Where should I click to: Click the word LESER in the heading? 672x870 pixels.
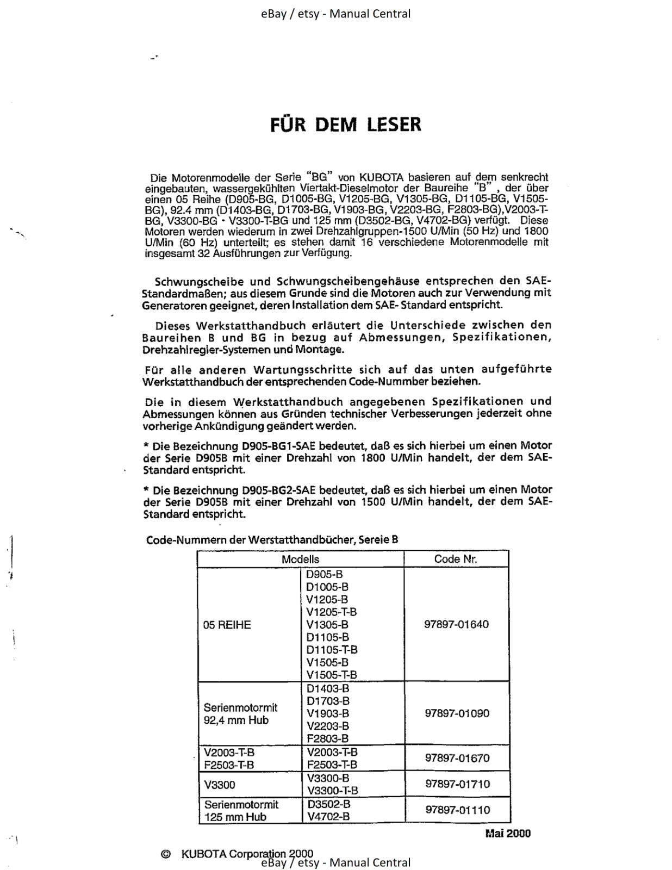pyautogui.click(x=394, y=125)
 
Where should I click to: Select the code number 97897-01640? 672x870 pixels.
pyautogui.click(x=456, y=624)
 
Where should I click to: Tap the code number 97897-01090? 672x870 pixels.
pyautogui.click(x=457, y=713)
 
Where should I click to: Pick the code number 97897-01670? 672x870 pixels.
pyautogui.click(x=457, y=758)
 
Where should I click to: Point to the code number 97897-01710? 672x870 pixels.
pyautogui.click(x=457, y=784)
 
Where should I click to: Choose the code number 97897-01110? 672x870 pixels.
pyautogui.click(x=457, y=810)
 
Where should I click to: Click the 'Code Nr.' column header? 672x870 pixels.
pyautogui.click(x=456, y=559)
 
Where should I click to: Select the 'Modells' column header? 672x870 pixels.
pyautogui.click(x=300, y=559)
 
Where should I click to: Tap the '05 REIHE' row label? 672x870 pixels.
pyautogui.click(x=227, y=625)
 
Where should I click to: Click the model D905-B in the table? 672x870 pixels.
pyautogui.click(x=324, y=574)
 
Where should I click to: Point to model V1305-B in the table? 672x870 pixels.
pyautogui.click(x=327, y=625)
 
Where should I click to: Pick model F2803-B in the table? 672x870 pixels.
pyautogui.click(x=327, y=738)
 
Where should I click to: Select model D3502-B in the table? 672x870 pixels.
pyautogui.click(x=328, y=804)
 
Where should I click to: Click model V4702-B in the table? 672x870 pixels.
pyautogui.click(x=328, y=816)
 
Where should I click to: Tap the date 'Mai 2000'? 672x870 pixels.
pyautogui.click(x=507, y=834)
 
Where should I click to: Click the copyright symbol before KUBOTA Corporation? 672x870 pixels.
pyautogui.click(x=166, y=854)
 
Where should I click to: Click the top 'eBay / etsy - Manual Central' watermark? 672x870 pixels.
pyautogui.click(x=335, y=14)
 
